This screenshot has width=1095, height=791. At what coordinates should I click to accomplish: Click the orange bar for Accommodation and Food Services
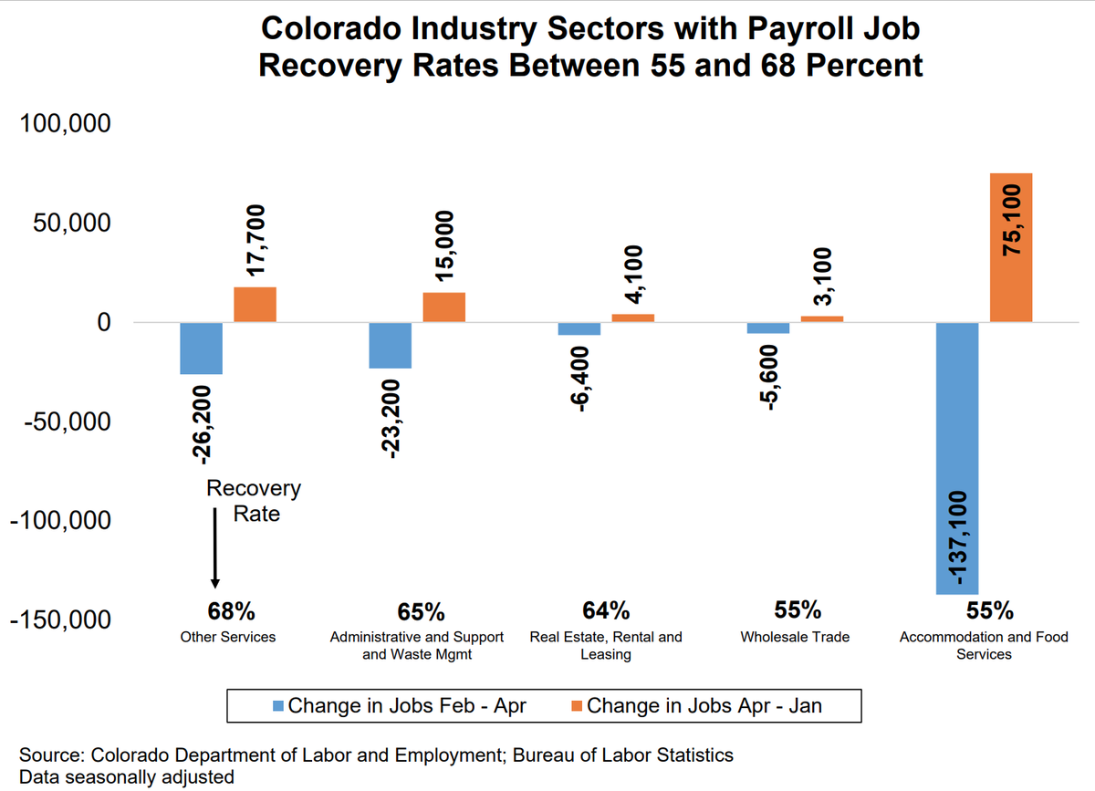1011,247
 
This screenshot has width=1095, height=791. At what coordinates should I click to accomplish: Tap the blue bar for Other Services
201,349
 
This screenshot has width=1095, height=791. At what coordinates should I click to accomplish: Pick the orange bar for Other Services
255,305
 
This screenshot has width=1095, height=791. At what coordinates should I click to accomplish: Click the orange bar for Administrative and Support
443,307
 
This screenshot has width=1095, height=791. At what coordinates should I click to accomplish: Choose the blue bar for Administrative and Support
390,346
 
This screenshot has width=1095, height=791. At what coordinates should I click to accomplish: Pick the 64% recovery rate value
605,610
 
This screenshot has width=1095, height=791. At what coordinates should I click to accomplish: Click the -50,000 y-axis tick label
60,422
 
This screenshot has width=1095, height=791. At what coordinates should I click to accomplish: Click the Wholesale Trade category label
795,637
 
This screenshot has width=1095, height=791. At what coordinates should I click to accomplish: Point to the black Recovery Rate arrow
215,547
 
